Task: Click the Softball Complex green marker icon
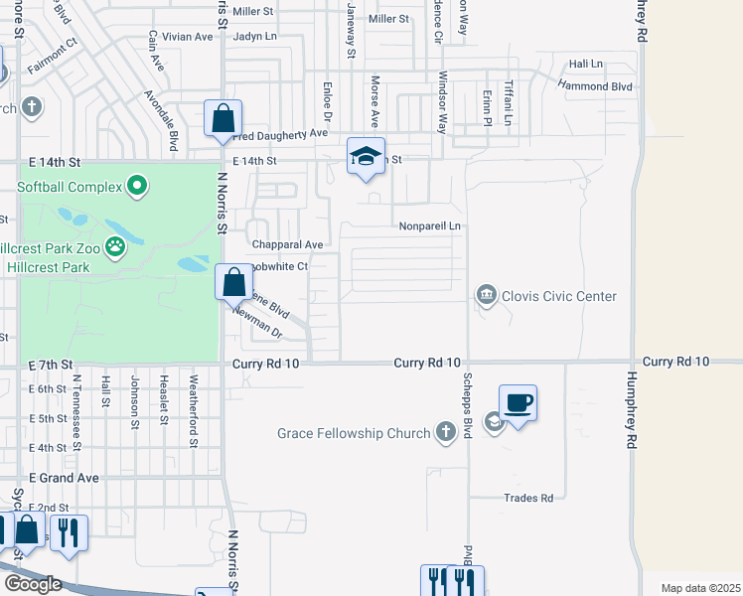(137, 186)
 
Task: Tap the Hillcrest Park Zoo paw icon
(116, 245)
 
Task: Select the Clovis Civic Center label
(559, 296)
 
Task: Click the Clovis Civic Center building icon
(486, 295)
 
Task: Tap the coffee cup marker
(518, 403)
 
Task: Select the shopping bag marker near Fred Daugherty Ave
(223, 118)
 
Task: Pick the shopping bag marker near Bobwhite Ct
(233, 282)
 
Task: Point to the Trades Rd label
(527, 498)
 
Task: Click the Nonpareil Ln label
(430, 226)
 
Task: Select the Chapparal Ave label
(288, 244)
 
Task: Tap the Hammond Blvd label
(595, 87)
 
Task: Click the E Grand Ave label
(64, 478)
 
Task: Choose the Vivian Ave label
(188, 37)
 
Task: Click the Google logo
(32, 584)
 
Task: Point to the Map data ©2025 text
(700, 588)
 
